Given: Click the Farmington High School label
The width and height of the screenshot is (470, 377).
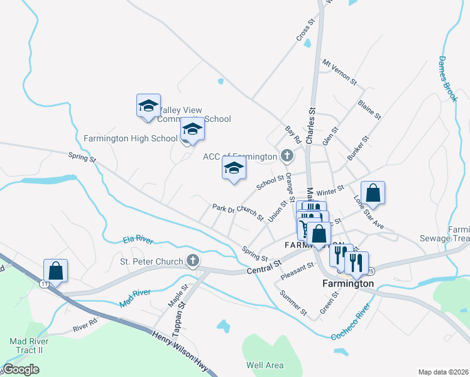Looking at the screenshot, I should [131, 138].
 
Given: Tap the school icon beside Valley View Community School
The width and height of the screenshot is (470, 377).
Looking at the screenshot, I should [148, 106].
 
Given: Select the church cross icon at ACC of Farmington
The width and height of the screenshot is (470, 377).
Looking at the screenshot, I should [287, 155].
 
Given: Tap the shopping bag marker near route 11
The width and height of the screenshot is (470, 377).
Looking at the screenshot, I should [56, 271].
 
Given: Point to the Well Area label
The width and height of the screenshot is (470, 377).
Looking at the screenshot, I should [265, 365].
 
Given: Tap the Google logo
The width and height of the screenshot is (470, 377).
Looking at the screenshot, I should [21, 369].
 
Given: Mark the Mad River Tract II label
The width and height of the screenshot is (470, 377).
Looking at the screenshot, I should [26, 346].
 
